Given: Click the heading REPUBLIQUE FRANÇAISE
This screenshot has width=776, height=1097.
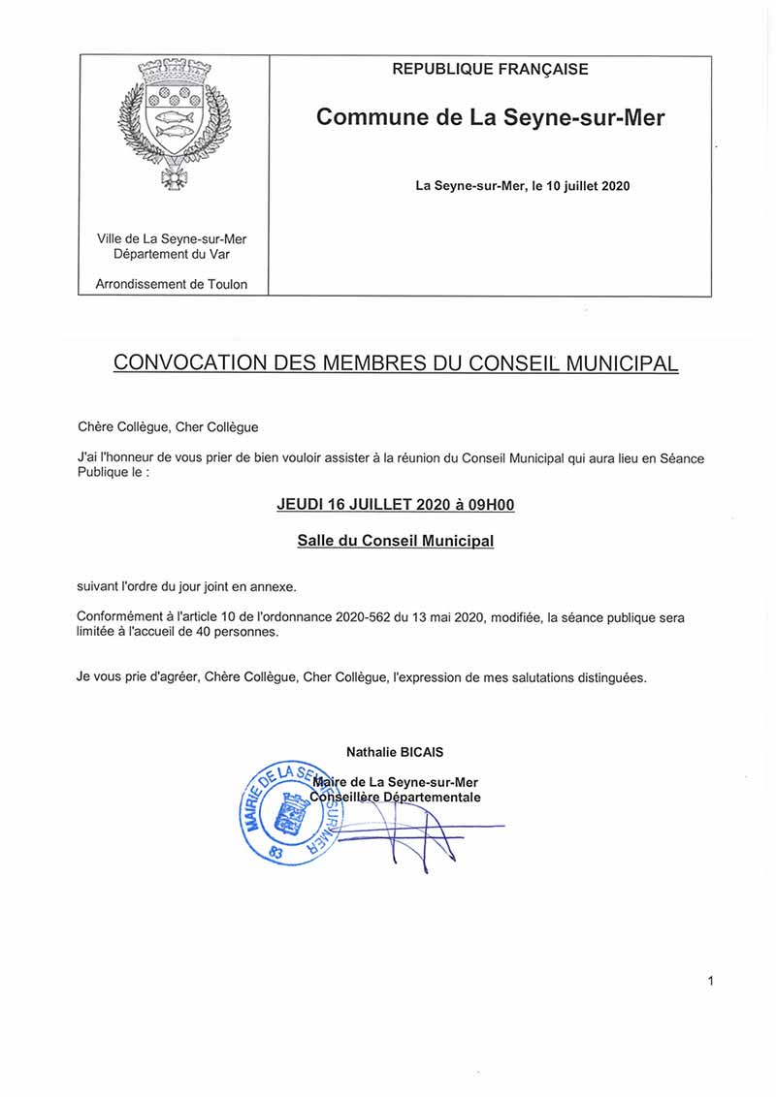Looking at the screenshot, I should tap(490, 69).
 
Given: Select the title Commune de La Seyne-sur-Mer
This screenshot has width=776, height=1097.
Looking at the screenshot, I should tap(490, 118).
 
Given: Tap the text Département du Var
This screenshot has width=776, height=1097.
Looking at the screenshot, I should tap(172, 254).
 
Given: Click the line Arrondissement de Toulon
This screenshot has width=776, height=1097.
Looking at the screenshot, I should tap(172, 284).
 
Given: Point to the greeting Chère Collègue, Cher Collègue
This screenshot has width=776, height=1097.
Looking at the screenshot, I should tap(168, 426).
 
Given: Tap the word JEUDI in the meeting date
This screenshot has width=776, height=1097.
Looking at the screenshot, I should tap(302, 505).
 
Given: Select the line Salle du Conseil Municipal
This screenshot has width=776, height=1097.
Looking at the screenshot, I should tap(395, 541).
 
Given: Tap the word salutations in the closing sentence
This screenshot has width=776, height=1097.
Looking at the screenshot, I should tap(517, 677).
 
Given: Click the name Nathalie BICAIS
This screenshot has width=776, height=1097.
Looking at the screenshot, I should tap(395, 752).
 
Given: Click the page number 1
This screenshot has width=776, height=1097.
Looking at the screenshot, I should tap(710, 982).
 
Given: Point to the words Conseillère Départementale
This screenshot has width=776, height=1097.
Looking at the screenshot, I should tap(395, 798).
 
